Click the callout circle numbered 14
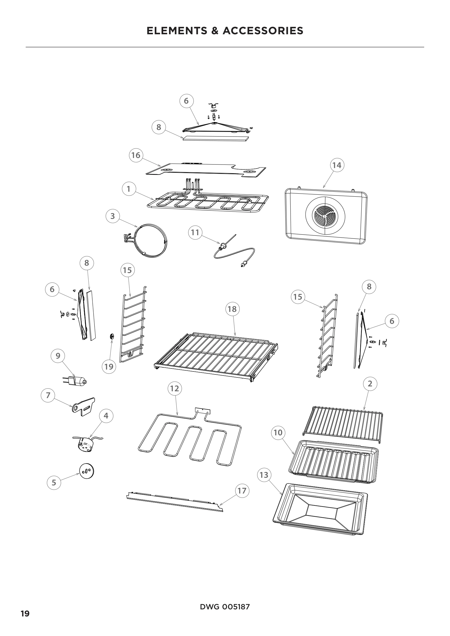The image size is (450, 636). [x=337, y=165]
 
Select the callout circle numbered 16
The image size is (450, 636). [x=136, y=155]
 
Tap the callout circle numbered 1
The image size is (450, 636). [x=129, y=189]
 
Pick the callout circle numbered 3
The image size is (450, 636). [x=113, y=216]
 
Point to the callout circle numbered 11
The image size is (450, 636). [x=195, y=232]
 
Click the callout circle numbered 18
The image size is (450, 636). [x=232, y=309]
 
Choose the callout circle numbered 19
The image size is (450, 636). [x=109, y=367]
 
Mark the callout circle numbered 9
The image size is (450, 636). [x=58, y=356]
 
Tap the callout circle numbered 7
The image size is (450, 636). [x=48, y=395]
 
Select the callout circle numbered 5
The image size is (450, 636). [x=54, y=483]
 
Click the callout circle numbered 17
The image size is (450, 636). [x=242, y=491]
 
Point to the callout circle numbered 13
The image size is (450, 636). [x=264, y=475]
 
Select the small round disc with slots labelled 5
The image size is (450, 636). [x=87, y=471]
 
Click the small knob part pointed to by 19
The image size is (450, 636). [x=112, y=336]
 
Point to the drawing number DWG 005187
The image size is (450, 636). [x=225, y=607]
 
